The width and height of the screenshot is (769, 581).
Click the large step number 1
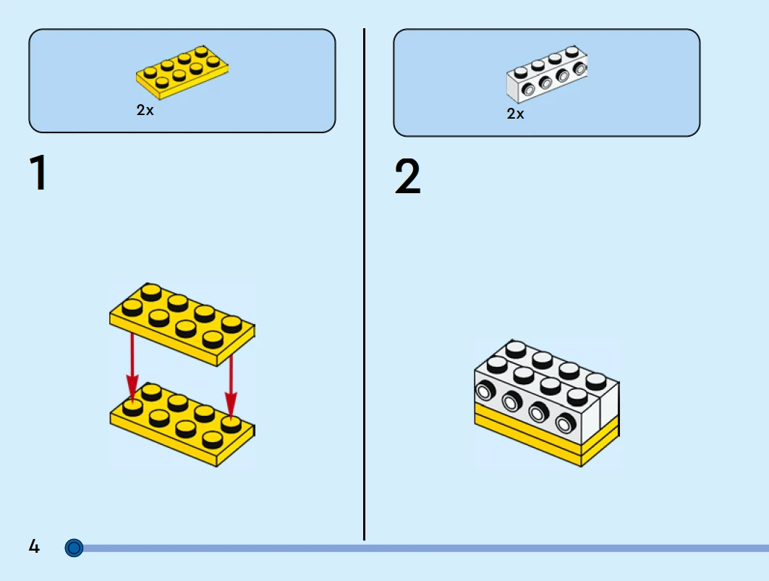click(38, 174)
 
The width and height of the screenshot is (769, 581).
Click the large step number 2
click(407, 178)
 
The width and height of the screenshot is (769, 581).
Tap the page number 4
click(34, 546)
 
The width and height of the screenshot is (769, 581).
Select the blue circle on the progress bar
click(74, 548)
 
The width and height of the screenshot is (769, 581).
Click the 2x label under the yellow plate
click(145, 111)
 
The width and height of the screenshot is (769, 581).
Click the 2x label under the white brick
click(515, 114)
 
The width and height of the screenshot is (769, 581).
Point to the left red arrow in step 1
click(132, 365)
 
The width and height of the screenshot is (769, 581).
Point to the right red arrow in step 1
click(231, 380)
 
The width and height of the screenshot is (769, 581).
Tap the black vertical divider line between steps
click(364, 289)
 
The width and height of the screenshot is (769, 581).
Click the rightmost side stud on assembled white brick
click(565, 420)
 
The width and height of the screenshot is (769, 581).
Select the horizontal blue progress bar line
click(434, 548)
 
